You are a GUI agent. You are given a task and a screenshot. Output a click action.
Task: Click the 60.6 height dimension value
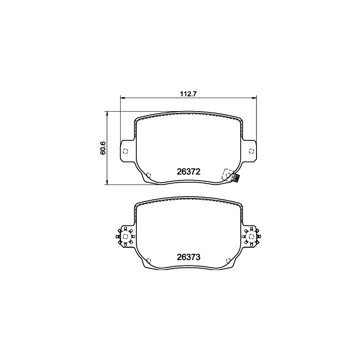pos(103,148)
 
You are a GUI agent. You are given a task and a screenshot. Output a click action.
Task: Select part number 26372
pos(189,171)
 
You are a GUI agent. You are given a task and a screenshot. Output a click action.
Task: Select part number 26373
pos(189,257)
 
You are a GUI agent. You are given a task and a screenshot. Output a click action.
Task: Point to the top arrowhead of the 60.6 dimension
pos(107,113)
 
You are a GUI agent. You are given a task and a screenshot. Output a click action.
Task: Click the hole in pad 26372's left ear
pos(126,151)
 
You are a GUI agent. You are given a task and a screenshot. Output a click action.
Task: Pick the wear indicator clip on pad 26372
pos(234,179)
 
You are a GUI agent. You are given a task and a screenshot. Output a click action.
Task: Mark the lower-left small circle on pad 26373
pos(149,260)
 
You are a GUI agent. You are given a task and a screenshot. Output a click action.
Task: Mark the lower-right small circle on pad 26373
pos(228,260)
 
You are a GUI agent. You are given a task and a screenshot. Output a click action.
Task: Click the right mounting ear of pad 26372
pos(249,150)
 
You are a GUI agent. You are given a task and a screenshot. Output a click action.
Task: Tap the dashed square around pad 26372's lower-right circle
pos(228,174)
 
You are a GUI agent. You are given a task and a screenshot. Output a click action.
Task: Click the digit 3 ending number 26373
pos(198,257)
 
